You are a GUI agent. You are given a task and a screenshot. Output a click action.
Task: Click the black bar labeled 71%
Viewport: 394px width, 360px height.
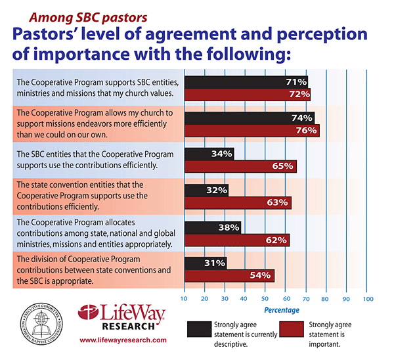click(246, 82)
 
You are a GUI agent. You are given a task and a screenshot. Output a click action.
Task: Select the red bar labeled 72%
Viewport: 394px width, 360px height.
click(248, 95)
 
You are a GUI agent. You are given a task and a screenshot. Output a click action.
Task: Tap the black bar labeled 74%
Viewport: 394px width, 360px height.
click(250, 118)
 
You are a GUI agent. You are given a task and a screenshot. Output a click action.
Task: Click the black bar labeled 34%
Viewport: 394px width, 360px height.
click(209, 154)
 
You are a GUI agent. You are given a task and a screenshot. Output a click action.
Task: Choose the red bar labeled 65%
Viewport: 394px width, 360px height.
click(240, 167)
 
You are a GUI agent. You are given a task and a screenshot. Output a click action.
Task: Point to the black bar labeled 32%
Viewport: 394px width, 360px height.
click(207, 190)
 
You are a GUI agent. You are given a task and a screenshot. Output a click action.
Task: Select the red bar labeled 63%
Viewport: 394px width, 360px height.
click(238, 203)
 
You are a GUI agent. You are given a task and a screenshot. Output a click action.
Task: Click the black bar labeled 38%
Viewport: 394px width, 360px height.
click(213, 227)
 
